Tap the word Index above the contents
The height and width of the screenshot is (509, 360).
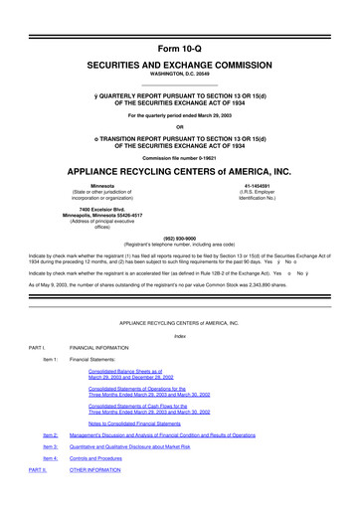pos(180,334)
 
